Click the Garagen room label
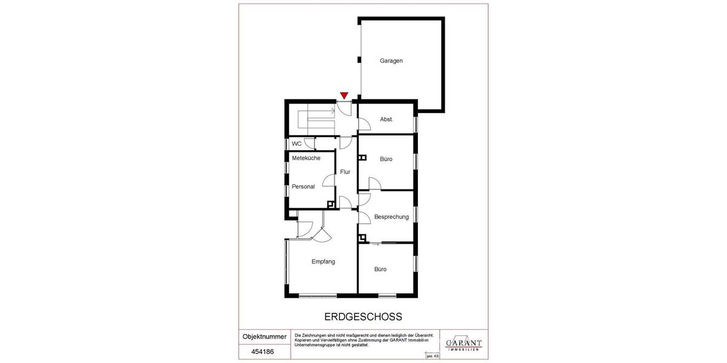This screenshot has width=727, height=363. (391, 60)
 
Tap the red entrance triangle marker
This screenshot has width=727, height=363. (344, 95)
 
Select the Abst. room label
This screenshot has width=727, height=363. (387, 119)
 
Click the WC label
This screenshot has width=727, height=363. (297, 144)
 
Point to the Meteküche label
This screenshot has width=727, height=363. (306, 158)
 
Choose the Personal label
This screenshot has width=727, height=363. (303, 186)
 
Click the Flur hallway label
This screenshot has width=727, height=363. (345, 172)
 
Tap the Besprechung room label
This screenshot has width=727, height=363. (391, 217)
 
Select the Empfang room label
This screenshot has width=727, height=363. (323, 262)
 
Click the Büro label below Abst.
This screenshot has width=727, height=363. (386, 159)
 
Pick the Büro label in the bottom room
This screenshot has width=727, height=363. (380, 269)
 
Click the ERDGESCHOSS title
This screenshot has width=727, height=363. (363, 316)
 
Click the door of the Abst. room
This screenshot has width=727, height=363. (365, 124)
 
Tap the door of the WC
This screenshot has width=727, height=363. (310, 143)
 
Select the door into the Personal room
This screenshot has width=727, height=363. (329, 180)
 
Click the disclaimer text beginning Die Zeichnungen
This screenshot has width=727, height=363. (363, 340)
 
